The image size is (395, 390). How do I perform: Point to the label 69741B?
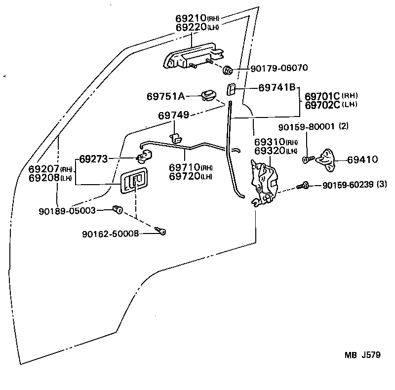click(x=276, y=87)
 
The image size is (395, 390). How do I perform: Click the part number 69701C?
click(x=322, y=96)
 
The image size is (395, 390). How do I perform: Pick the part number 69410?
click(x=362, y=159)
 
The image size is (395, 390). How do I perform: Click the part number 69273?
click(x=93, y=159)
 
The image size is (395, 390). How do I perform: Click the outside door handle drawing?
click(x=193, y=57)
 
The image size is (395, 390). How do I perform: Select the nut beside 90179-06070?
click(x=228, y=69)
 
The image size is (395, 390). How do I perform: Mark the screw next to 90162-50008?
click(x=160, y=230)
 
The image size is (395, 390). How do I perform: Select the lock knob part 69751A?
click(x=208, y=94)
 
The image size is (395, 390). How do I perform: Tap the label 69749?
click(x=173, y=115)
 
